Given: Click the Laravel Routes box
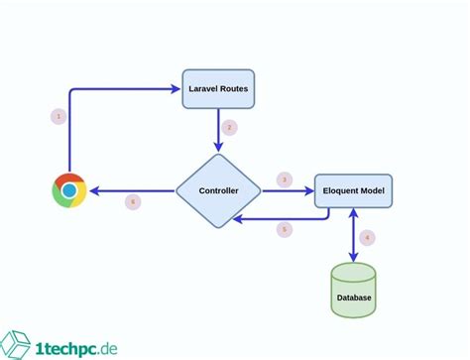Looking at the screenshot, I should coord(218,89).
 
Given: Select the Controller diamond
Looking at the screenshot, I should coord(218,190).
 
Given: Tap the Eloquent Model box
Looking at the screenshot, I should coord(354,190).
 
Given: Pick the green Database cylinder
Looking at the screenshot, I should coord(354,290).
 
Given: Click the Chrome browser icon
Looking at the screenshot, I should coord(69,190).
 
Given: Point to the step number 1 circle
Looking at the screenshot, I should coord(58,117).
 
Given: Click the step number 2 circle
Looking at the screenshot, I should coord(229,127).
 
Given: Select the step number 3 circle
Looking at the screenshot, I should coord(285,180).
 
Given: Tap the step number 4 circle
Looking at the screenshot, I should coord(367,237).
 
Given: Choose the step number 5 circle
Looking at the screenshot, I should coord(285,229).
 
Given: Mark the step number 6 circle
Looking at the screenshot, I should coord(133,202).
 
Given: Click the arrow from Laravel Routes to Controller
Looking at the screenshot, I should coord(218,129).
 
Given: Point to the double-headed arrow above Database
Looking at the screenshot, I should coord(354,235).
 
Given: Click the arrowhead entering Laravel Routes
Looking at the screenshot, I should coord(176,89).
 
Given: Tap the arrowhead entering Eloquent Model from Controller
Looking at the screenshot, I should coord(308,190).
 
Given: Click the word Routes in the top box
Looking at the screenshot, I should coord(234,89).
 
